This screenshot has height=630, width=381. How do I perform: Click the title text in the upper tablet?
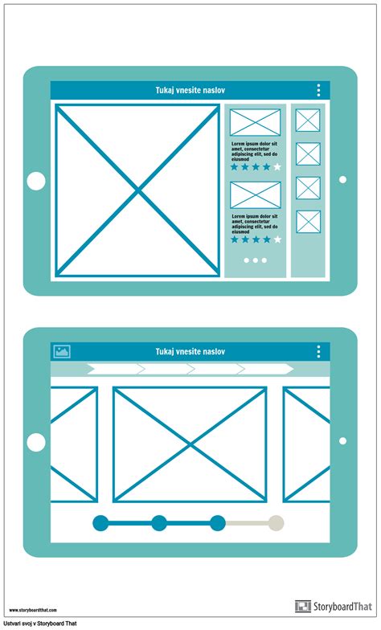(x=190, y=91)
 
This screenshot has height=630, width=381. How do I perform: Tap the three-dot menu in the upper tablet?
(x=318, y=91)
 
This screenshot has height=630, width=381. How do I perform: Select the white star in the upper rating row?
(x=277, y=167)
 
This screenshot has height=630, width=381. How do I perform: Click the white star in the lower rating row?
(x=277, y=239)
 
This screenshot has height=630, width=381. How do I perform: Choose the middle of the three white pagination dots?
(x=255, y=260)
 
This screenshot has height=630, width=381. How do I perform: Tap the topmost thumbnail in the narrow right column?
(x=308, y=121)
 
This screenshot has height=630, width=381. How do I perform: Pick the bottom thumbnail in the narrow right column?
(x=308, y=222)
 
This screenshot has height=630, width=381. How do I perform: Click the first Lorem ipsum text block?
(x=255, y=150)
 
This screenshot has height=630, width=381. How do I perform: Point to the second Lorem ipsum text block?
(x=255, y=222)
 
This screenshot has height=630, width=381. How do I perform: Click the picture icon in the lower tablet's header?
(x=62, y=351)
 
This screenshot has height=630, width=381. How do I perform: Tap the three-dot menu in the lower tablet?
(x=318, y=352)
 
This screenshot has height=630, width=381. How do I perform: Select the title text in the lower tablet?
(x=190, y=352)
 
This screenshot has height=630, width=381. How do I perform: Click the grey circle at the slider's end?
(x=276, y=523)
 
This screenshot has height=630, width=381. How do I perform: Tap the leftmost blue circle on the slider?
(x=100, y=523)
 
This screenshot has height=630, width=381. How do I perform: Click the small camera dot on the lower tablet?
(x=342, y=440)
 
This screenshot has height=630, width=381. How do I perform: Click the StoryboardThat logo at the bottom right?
(x=334, y=607)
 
